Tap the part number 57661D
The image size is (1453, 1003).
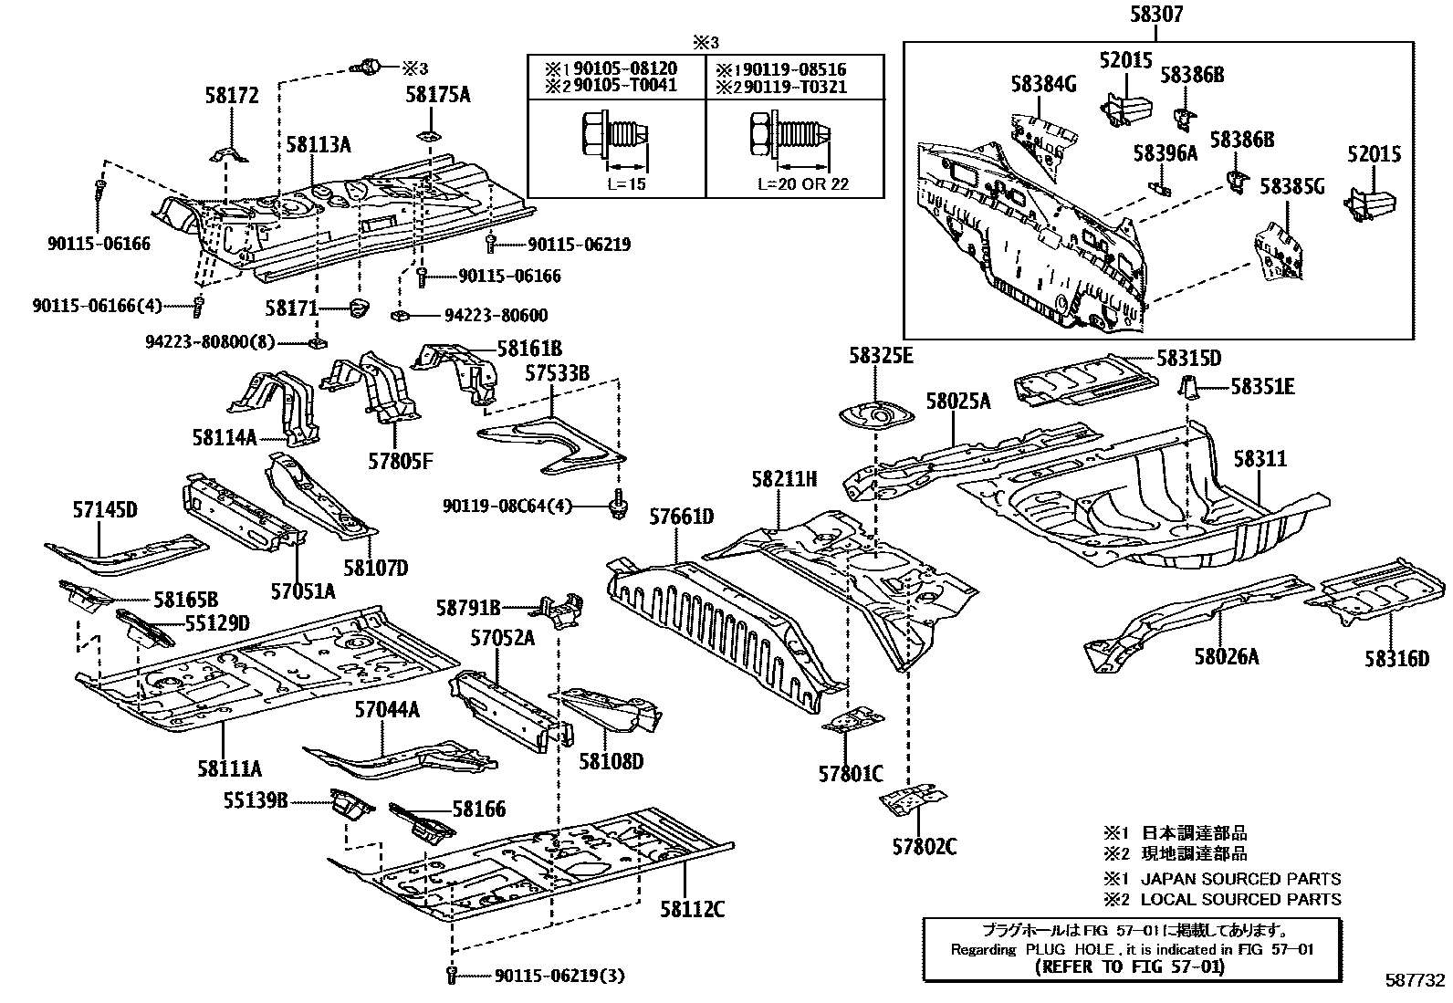681,517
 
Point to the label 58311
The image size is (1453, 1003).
1260,458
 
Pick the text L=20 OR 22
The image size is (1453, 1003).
803,183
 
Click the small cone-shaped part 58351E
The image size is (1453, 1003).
1189,386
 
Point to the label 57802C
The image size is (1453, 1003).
924,847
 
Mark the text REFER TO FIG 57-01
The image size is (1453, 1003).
1132,966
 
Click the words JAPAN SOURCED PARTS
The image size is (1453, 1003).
1241,879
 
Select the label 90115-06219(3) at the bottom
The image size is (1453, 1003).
559,976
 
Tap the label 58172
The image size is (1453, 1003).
231,95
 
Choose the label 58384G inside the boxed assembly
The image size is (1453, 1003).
1043,84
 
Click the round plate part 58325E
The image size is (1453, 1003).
874,416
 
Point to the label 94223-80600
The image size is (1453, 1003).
496,316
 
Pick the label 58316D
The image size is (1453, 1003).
1396,657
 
